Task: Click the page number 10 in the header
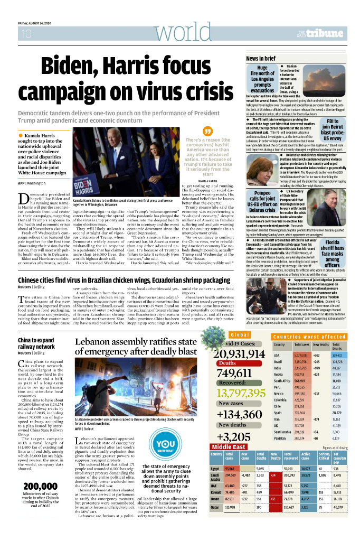26,34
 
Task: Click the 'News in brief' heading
261,58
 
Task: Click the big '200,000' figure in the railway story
40,486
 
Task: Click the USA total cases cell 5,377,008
301,356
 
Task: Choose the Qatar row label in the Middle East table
214,522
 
